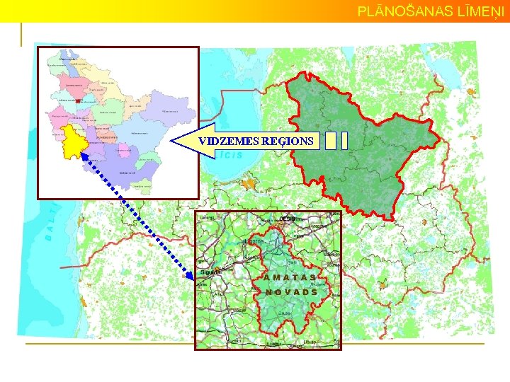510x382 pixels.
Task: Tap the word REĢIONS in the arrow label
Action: [288, 141]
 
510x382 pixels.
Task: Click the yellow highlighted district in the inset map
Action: [73, 143]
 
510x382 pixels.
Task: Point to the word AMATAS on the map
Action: [290, 277]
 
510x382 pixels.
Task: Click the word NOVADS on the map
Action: [291, 291]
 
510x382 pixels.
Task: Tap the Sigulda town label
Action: [210, 271]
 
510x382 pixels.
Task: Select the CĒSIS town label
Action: [288, 219]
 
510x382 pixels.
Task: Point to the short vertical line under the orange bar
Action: [21, 35]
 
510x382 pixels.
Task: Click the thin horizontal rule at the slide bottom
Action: [255, 344]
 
